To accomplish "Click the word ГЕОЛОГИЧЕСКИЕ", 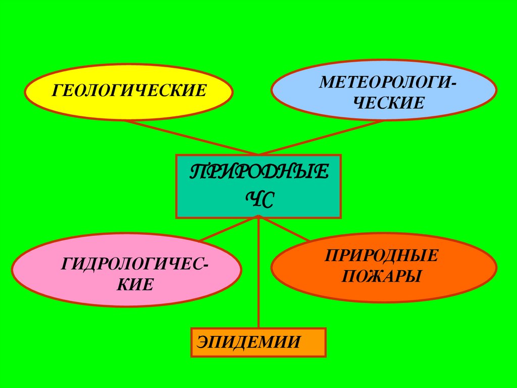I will click(x=130, y=92).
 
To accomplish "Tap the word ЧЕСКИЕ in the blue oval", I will click(x=388, y=103).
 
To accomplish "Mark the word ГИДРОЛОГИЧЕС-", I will click(x=136, y=264).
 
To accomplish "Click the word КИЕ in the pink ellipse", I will click(x=135, y=284).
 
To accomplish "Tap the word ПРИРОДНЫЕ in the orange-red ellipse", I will click(x=381, y=255).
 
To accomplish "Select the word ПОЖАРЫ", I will click(x=382, y=276).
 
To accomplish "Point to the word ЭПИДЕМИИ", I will click(x=249, y=342).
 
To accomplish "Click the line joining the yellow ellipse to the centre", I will click(x=192, y=137).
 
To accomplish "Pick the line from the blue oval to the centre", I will click(x=323, y=137).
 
